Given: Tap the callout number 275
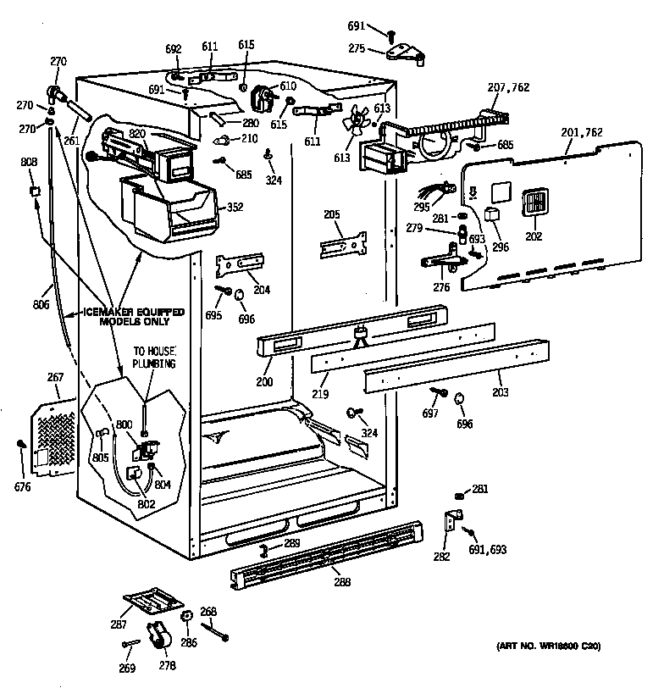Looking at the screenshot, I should click(x=357, y=49).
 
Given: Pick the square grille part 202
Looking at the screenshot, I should click(x=533, y=203).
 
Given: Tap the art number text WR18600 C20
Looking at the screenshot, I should click(x=548, y=646).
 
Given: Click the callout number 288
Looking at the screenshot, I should click(x=341, y=582).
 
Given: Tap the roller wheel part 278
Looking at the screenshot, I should click(x=156, y=635).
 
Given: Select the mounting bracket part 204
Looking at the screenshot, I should click(x=241, y=264).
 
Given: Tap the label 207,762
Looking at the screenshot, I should click(x=507, y=86).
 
